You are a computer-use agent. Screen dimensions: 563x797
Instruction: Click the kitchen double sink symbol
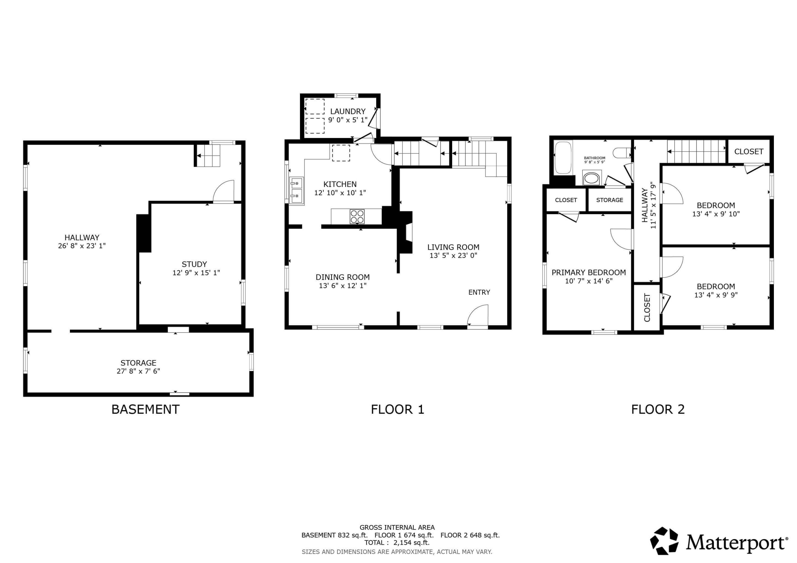[x=296, y=191]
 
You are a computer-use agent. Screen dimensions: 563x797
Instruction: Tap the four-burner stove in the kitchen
[x=357, y=217]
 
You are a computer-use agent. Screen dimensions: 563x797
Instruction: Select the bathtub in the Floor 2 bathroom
[x=563, y=158]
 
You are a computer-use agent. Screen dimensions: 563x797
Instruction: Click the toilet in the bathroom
[x=621, y=153]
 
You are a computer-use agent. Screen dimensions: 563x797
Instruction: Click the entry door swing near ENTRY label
[x=478, y=316]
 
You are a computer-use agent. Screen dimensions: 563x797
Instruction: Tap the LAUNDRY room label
[x=347, y=111]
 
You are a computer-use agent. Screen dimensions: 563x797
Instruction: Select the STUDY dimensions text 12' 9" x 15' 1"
[x=196, y=273]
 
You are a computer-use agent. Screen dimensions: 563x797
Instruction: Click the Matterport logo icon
[x=664, y=541]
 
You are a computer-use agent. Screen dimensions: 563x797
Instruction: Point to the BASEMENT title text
[x=145, y=409]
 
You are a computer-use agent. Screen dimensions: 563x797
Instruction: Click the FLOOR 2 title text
[x=658, y=409]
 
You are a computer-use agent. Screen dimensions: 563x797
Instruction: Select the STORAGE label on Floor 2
[x=609, y=200]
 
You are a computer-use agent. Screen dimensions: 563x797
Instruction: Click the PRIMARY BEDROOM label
[x=588, y=272]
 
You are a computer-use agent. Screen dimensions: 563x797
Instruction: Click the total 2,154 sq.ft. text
[x=397, y=543]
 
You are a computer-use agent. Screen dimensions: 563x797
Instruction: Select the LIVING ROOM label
[x=453, y=247]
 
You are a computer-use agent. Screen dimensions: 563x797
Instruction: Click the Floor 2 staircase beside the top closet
[x=696, y=151]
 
